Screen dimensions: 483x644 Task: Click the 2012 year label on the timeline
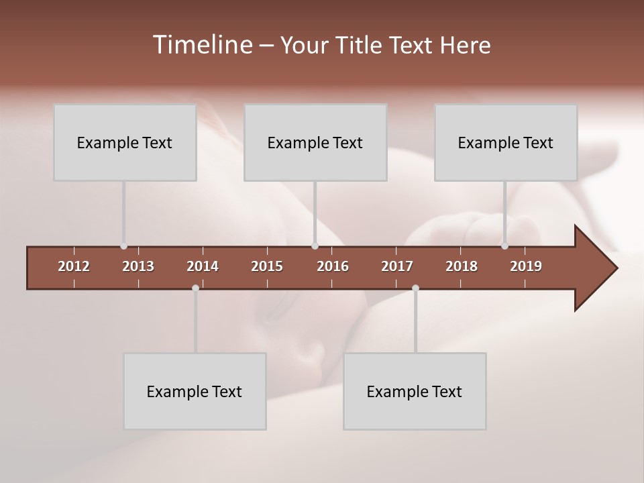[x=74, y=266]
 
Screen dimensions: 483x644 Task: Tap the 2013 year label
[x=138, y=266]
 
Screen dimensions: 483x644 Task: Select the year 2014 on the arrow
[x=203, y=266]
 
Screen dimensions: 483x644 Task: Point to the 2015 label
[x=267, y=266]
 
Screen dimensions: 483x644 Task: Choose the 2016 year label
[x=333, y=266]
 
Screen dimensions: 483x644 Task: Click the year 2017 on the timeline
[x=397, y=266]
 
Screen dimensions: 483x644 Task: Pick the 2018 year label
[x=462, y=266]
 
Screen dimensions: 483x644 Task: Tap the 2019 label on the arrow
[x=526, y=266]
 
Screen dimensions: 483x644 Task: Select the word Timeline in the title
[x=202, y=45]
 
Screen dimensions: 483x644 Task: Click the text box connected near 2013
[x=125, y=142]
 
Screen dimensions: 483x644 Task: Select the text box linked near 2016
[x=315, y=142]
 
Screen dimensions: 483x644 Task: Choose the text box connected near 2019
[x=506, y=142]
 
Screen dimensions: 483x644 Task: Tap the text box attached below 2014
[x=195, y=391]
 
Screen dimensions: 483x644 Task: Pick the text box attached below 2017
[x=415, y=391]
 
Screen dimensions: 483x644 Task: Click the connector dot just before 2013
[x=123, y=246]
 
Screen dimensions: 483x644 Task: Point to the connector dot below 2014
[x=195, y=288]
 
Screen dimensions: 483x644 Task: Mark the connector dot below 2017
[x=415, y=288]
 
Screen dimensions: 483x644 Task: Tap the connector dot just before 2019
[x=504, y=246]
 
